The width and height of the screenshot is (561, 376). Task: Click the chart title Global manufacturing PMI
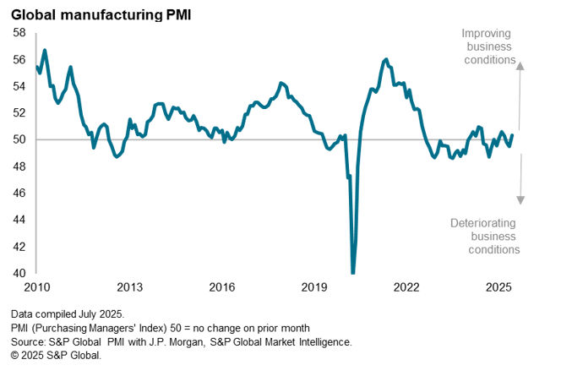click(101, 13)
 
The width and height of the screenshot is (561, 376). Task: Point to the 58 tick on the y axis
click(19, 32)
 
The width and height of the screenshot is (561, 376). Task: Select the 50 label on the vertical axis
click(19, 139)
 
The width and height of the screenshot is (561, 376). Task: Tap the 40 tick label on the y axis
click(19, 273)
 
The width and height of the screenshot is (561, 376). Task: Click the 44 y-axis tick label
click(19, 220)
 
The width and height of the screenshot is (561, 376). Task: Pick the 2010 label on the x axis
click(36, 288)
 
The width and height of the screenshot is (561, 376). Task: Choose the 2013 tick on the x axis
click(129, 288)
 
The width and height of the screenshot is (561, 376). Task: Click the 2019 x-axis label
click(314, 288)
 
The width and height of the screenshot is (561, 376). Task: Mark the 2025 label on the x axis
click(499, 288)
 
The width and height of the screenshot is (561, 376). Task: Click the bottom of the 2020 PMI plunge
click(352, 272)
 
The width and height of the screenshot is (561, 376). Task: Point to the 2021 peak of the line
click(386, 59)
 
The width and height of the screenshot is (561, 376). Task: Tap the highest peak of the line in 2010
click(44, 50)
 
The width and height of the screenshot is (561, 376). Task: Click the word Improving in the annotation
click(487, 34)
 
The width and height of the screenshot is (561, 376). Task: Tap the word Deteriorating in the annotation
click(485, 223)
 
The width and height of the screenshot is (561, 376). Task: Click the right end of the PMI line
click(513, 135)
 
